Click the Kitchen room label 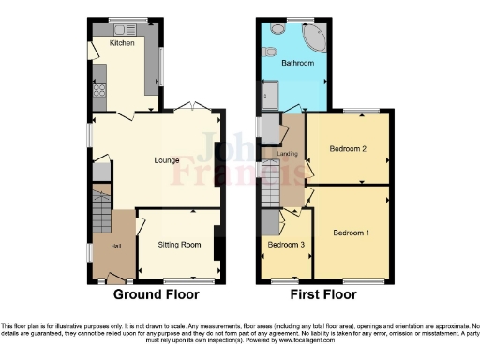point(122,43)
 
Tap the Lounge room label point(155,160)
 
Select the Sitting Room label point(178,245)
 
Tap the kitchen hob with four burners point(98,91)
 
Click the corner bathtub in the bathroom point(312,39)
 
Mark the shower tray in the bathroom point(271,94)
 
